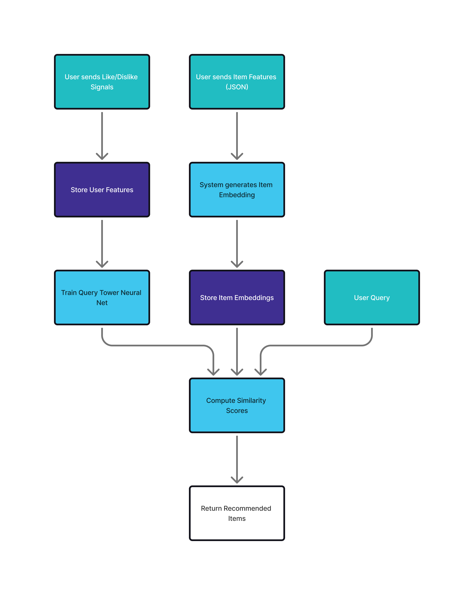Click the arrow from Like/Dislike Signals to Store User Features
[102, 135]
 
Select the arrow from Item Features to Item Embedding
[237, 135]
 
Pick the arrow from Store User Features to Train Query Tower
[102, 243]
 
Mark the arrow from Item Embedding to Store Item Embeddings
[237, 243]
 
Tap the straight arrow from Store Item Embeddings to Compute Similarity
[237, 350]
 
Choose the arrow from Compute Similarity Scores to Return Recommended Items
[237, 458]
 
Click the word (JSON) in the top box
[237, 87]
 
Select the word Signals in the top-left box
[102, 87]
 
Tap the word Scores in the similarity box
[237, 411]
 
